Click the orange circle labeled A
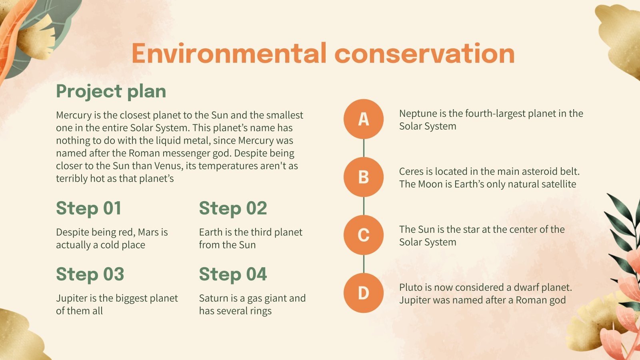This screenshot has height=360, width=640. pos(363,119)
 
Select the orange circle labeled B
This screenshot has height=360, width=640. pos(363,177)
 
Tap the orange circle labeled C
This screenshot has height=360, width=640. pos(363,235)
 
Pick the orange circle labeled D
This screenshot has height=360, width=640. pos(363,293)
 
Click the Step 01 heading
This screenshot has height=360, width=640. pos(88,208)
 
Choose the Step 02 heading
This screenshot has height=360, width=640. pos(233,208)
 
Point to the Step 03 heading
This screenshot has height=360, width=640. pos(90,274)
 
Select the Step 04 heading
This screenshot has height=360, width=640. pos(233,274)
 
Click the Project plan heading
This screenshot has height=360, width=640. pos(111,91)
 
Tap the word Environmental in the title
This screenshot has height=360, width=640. pos(228,54)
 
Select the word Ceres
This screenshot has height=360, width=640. pos(411,172)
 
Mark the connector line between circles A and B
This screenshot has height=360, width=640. pos(364,148)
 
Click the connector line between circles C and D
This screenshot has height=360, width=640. pos(364,264)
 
